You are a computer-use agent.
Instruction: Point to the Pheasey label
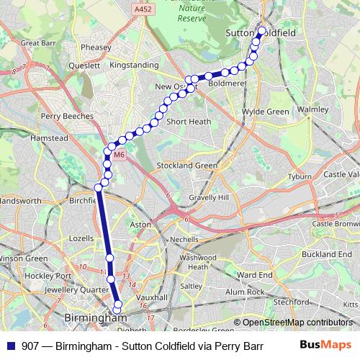96,48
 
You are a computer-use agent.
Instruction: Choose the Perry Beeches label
68,116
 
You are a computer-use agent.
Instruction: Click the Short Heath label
189,122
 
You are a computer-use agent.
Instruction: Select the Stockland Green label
187,166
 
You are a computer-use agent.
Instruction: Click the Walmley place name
312,110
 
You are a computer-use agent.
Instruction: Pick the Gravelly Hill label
208,197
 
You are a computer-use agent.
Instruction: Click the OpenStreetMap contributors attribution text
297,323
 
